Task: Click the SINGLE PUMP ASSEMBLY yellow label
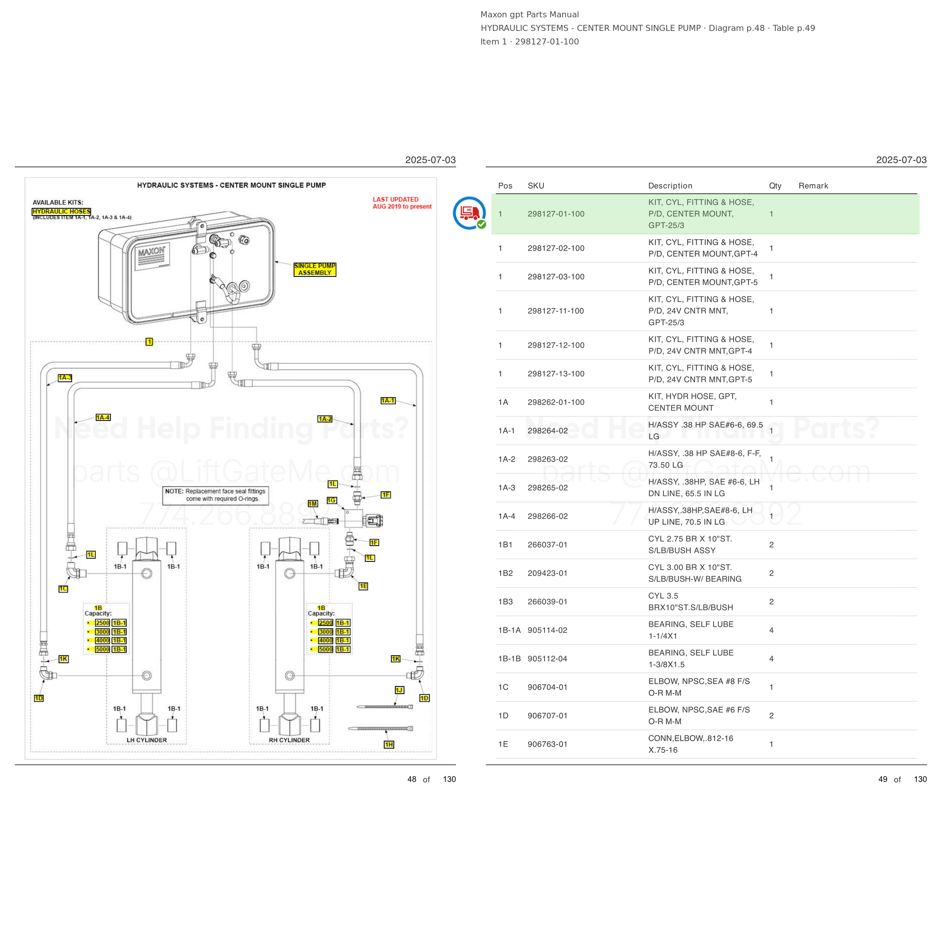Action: coord(315,269)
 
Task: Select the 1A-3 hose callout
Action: coord(65,378)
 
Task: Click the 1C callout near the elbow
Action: coord(63,589)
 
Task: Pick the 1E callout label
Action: coord(363,586)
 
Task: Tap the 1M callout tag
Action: coord(312,503)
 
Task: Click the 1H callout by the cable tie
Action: coord(388,744)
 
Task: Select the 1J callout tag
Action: coord(399,690)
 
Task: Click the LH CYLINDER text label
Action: coord(147,740)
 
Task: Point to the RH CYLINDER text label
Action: coord(289,740)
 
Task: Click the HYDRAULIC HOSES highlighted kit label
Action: coord(61,211)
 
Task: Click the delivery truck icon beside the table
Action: coord(469,213)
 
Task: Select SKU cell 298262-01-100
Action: coord(556,402)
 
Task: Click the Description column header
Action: coord(670,186)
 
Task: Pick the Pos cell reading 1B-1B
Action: coord(509,659)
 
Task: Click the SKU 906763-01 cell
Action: coord(547,744)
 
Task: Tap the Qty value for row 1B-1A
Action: coord(771,630)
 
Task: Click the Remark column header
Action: coord(813,186)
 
